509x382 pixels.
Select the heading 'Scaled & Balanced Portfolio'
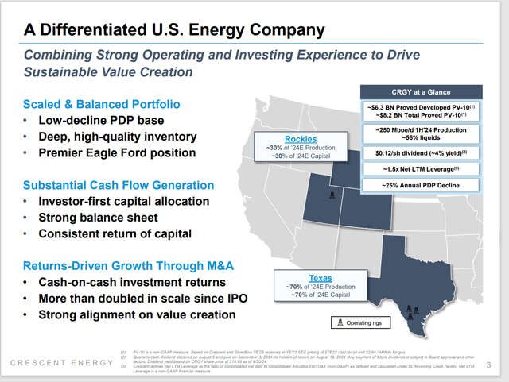click(x=101, y=104)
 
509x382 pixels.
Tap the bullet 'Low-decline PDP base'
click(x=105, y=120)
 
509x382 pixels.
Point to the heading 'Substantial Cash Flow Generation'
click(x=117, y=185)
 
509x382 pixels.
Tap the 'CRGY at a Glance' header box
click(x=422, y=91)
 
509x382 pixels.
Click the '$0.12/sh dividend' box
click(x=422, y=151)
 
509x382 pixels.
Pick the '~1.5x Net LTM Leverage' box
click(x=422, y=168)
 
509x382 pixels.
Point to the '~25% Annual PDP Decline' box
click(x=422, y=186)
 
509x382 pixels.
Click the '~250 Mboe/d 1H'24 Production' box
click(x=422, y=133)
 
